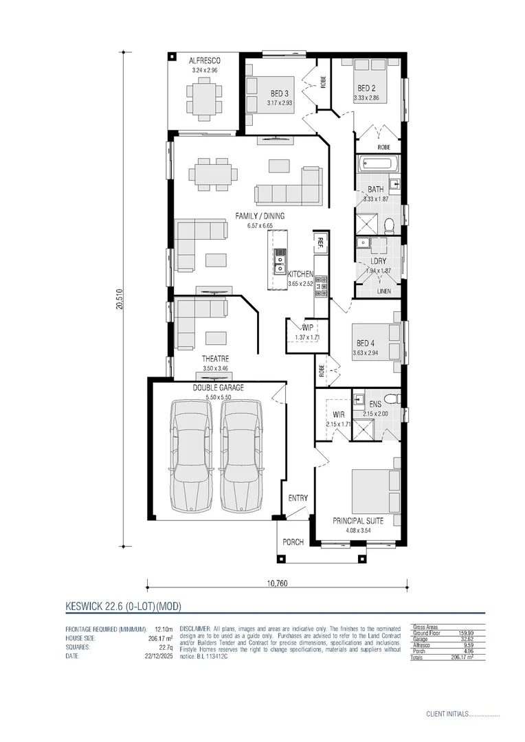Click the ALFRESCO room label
[205, 60]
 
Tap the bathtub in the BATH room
[376, 165]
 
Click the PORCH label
[293, 542]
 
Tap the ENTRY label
[298, 498]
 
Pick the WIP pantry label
[298, 328]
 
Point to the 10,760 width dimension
[277, 584]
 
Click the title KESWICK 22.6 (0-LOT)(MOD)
[123, 606]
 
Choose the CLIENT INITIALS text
[447, 715]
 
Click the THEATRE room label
[215, 359]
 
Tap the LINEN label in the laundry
[384, 291]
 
